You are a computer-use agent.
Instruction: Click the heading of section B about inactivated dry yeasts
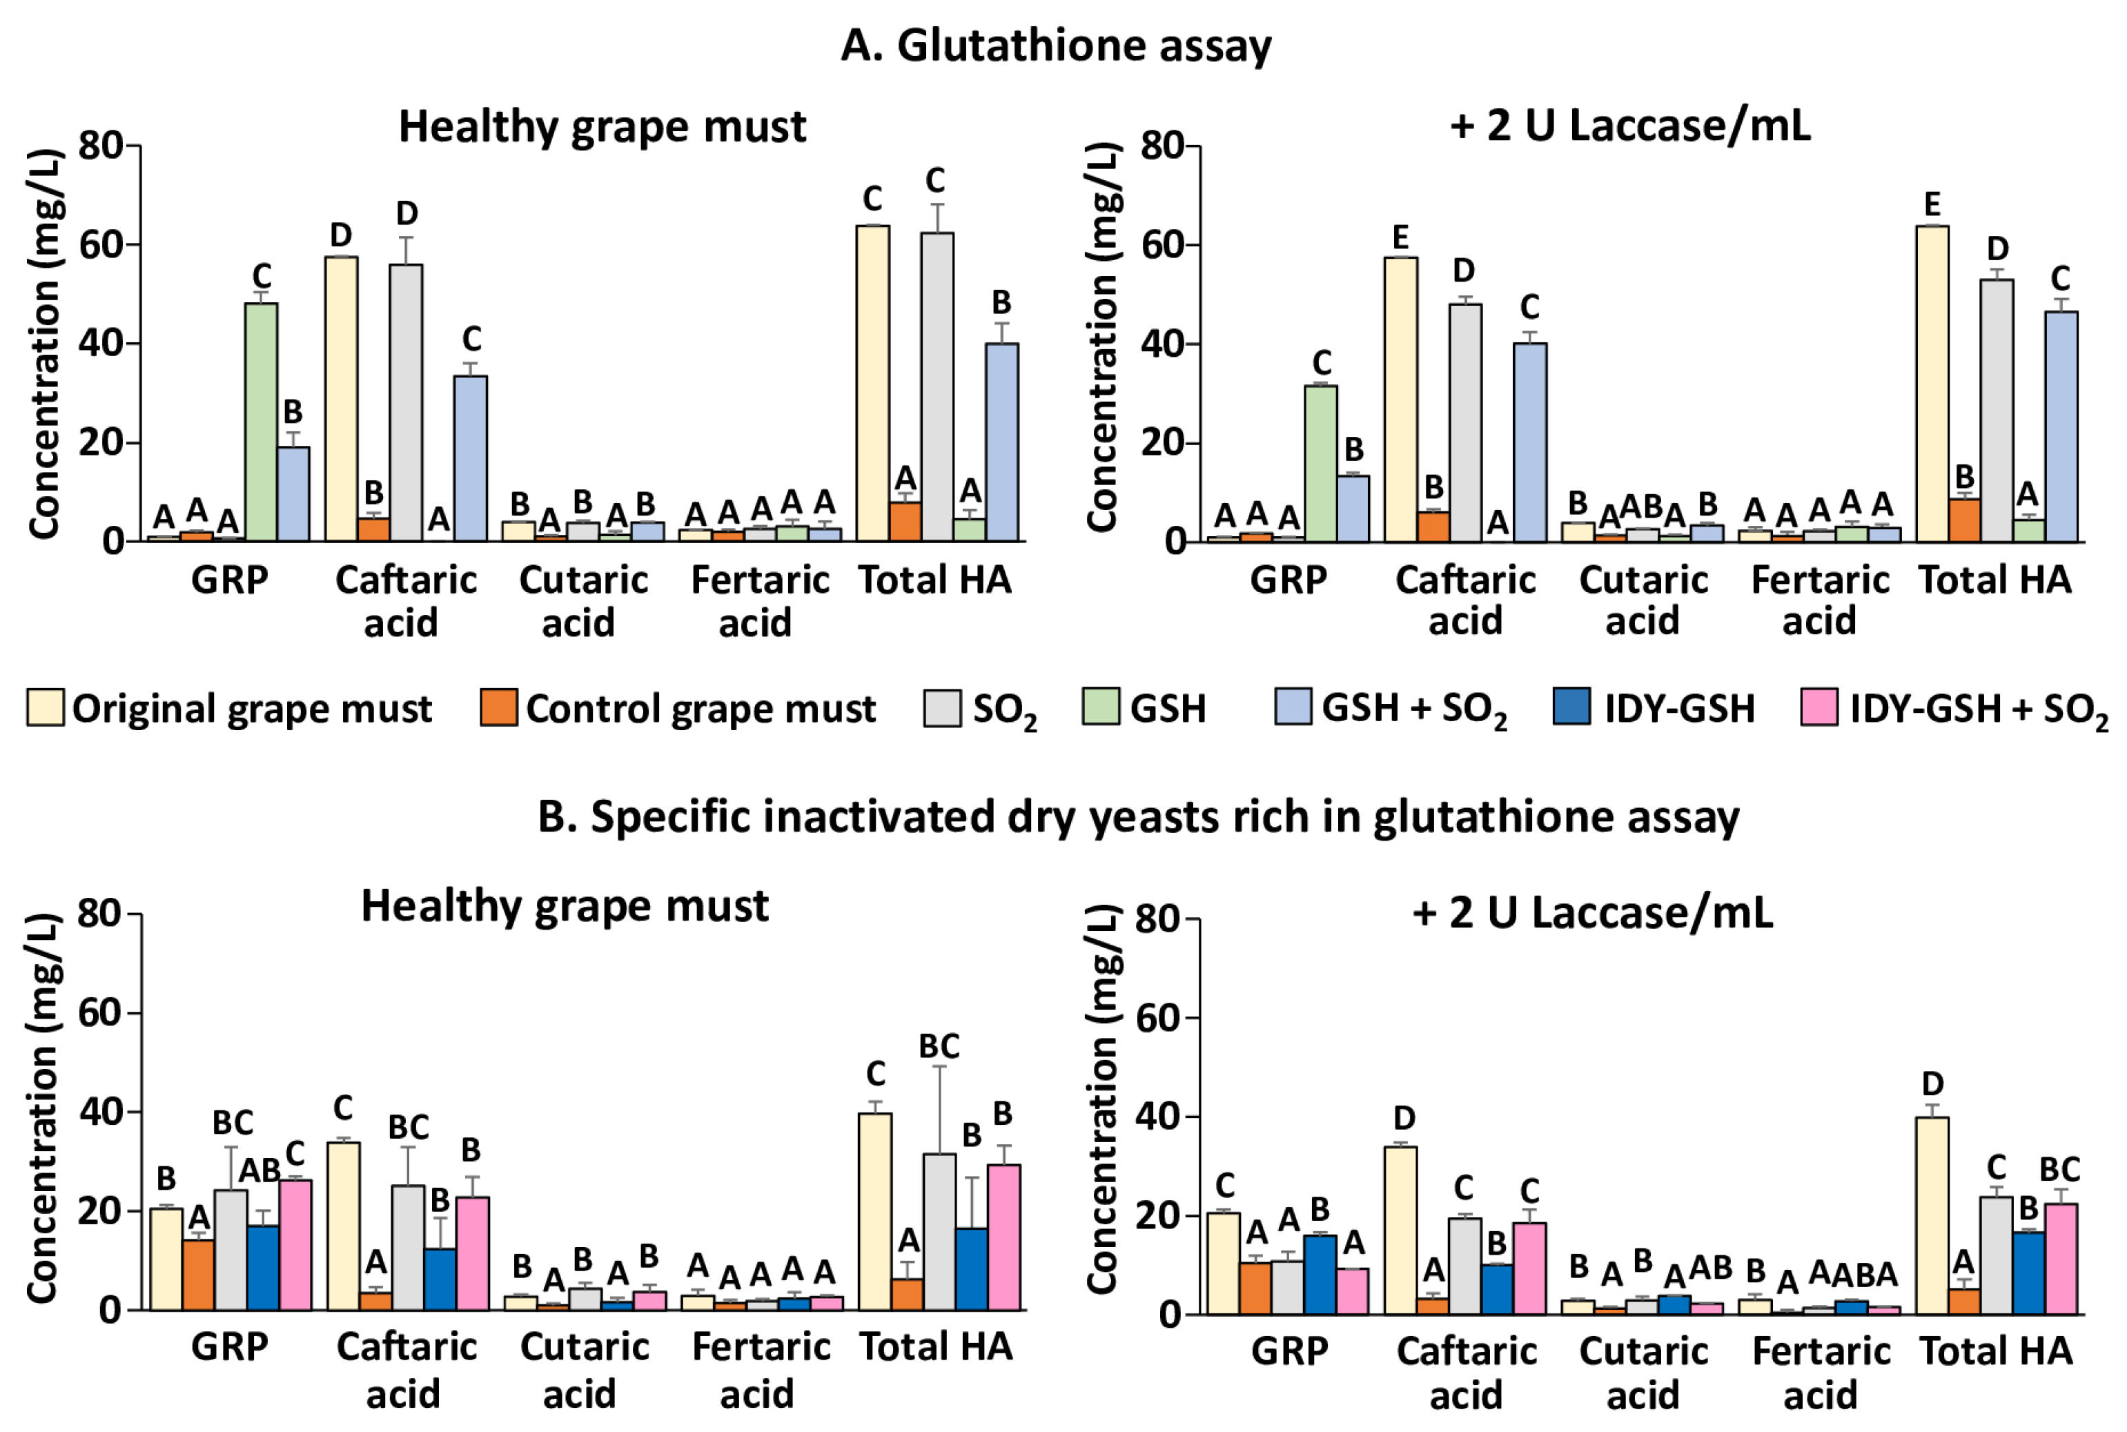1137,816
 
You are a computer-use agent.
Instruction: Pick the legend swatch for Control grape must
499,708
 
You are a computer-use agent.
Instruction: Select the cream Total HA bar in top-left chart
872,384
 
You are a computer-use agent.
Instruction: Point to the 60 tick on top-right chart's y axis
1163,245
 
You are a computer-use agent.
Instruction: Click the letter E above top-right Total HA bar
1932,204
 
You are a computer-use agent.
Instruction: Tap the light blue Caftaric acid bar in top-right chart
1530,443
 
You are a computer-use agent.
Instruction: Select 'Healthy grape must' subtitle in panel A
602,126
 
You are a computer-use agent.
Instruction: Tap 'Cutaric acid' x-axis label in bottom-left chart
584,1369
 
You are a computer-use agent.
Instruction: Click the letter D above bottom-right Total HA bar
1932,1084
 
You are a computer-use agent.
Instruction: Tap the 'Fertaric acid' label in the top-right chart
1819,600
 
